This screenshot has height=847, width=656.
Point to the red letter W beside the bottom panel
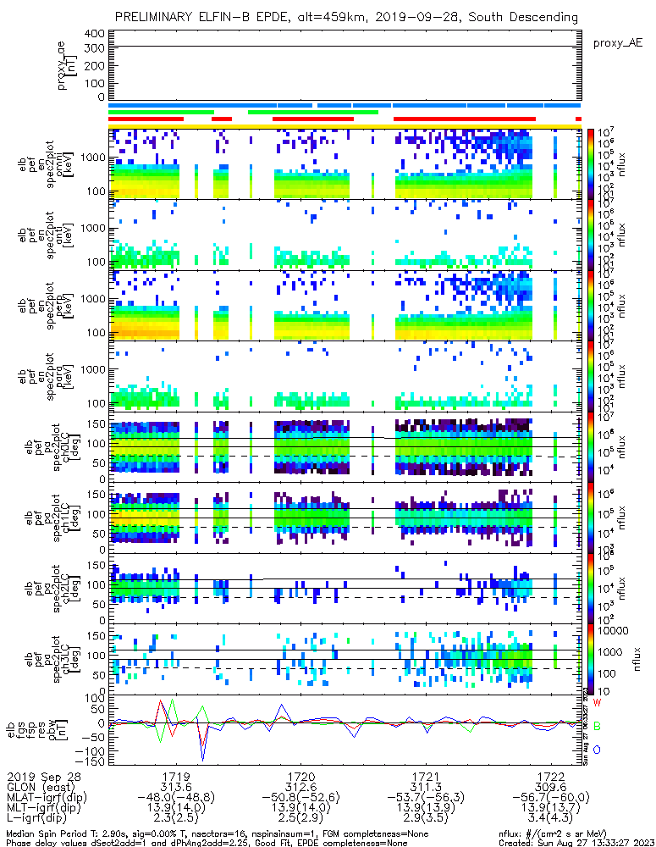(597, 703)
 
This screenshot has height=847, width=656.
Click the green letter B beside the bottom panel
(597, 727)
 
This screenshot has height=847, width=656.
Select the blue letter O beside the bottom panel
(597, 750)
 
